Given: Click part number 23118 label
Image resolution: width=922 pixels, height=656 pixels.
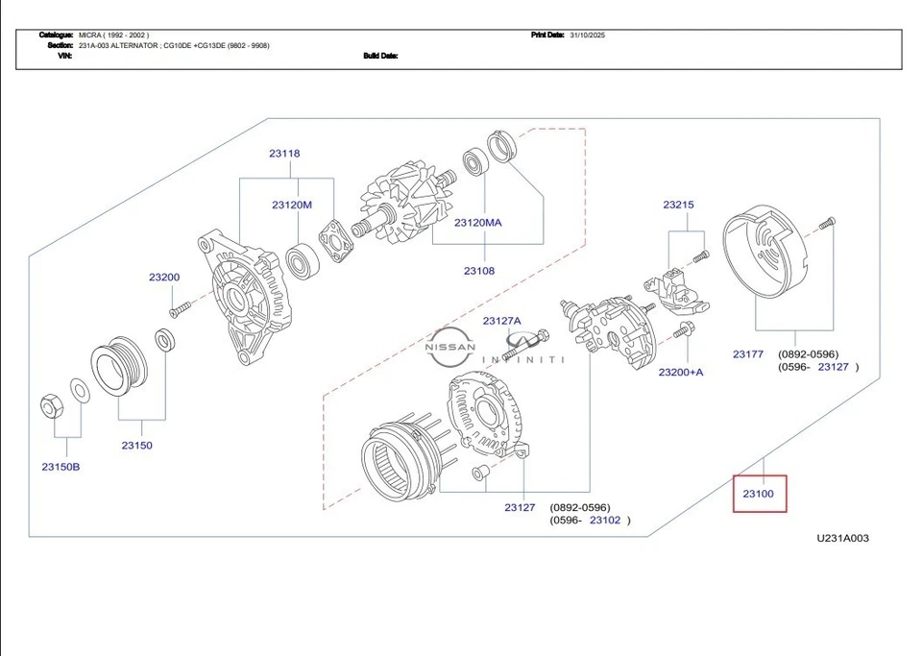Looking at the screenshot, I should pyautogui.click(x=284, y=154).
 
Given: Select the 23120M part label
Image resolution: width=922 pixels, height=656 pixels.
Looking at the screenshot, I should pyautogui.click(x=291, y=205).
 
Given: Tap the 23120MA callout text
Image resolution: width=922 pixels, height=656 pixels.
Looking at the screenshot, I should pyautogui.click(x=478, y=223).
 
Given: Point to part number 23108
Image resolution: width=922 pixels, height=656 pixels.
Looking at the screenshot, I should pyautogui.click(x=479, y=271).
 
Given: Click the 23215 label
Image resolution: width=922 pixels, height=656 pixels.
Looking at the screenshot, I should pyautogui.click(x=678, y=205).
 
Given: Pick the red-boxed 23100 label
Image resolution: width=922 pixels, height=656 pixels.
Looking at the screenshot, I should pyautogui.click(x=759, y=494).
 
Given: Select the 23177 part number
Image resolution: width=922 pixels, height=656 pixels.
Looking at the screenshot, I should pyautogui.click(x=748, y=354).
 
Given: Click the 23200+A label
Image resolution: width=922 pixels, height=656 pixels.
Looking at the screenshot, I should pyautogui.click(x=680, y=372).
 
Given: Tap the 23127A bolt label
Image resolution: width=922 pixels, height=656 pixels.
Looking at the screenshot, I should pyautogui.click(x=501, y=321).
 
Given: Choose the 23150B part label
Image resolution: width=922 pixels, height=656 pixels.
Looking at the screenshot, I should pyautogui.click(x=61, y=467).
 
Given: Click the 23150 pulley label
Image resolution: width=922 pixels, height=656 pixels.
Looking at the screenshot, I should pyautogui.click(x=136, y=446).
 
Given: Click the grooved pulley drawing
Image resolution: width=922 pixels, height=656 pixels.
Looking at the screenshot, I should pyautogui.click(x=117, y=365).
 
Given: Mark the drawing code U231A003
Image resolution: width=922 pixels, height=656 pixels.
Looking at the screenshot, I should pyautogui.click(x=842, y=539).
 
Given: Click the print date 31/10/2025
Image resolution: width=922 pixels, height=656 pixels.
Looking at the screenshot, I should pyautogui.click(x=588, y=35).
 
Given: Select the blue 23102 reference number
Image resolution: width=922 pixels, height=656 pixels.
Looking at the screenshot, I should pyautogui.click(x=605, y=521).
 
